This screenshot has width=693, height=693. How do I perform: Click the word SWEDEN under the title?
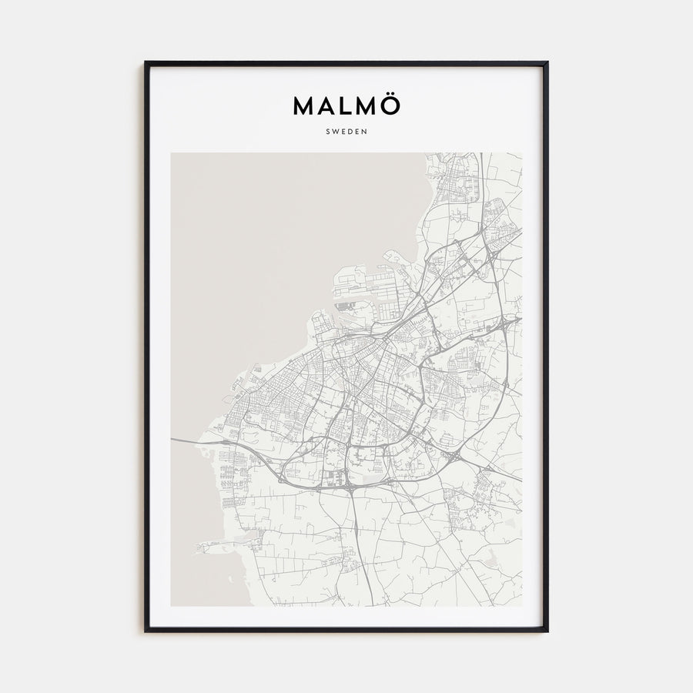346,131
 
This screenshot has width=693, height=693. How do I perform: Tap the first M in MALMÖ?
304,106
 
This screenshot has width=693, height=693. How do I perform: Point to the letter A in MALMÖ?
326,106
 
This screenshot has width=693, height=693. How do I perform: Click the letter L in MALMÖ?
345,106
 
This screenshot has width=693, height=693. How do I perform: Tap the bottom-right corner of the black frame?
547,631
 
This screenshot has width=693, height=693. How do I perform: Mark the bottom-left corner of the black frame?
146,631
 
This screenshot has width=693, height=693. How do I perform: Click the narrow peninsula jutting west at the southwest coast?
212,547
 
